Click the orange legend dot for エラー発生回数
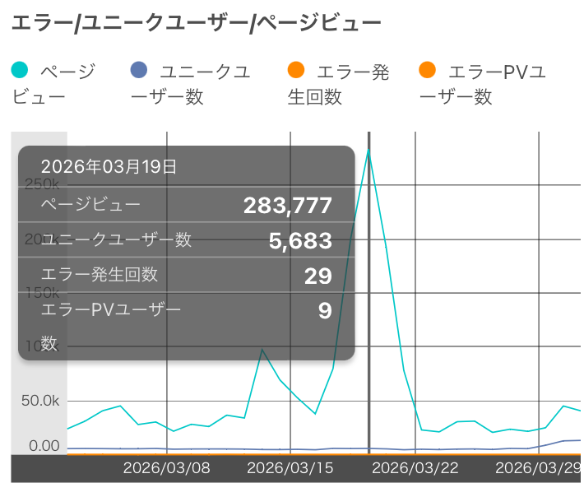296,72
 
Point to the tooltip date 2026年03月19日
109,167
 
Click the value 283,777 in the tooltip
287,206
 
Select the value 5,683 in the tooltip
300,240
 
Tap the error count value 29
317,276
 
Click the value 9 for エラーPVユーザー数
325,310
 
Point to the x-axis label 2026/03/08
167,468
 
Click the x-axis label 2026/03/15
290,468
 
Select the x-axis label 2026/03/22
415,468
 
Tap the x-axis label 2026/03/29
539,468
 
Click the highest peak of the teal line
368,149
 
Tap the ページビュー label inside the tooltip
90,205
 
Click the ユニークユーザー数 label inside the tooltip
116,239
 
